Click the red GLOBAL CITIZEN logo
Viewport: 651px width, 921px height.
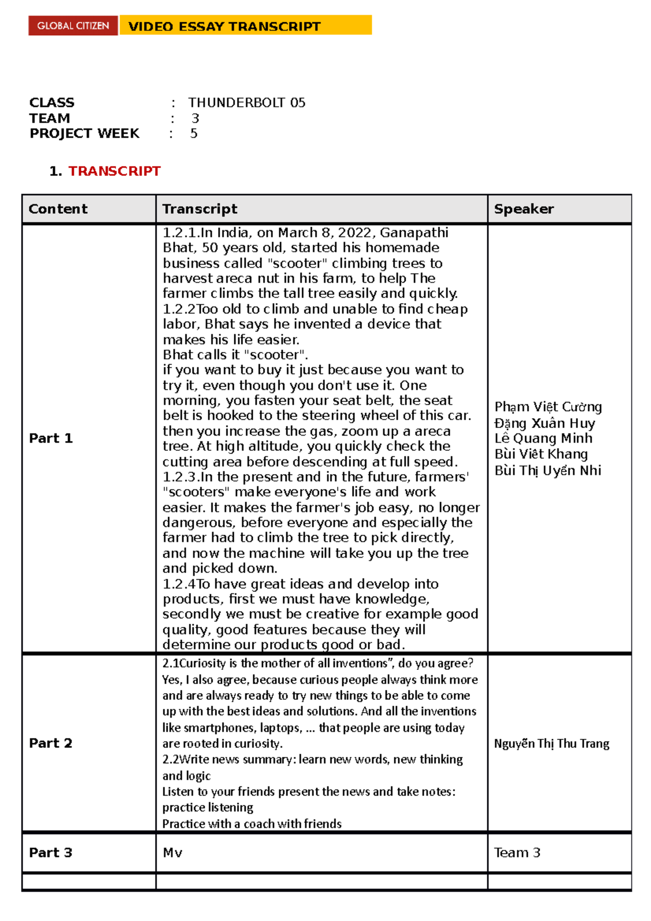click(x=73, y=25)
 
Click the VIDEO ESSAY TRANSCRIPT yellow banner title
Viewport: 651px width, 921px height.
click(x=224, y=27)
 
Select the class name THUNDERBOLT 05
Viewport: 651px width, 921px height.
click(x=246, y=103)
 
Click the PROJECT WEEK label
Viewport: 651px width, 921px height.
click(x=84, y=133)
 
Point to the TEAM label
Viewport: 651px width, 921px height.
click(x=49, y=118)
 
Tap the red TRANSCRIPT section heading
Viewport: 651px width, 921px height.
click(x=114, y=171)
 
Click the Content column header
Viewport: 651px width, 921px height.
click(x=58, y=209)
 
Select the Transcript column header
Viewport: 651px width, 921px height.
click(x=200, y=209)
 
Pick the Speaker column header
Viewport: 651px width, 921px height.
click(x=524, y=209)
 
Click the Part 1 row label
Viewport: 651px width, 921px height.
click(x=50, y=438)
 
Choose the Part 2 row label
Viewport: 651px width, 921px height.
click(x=50, y=743)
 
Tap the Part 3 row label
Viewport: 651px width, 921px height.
click(x=50, y=853)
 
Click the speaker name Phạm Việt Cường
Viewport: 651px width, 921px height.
click(x=548, y=407)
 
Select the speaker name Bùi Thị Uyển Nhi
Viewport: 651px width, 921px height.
click(x=547, y=470)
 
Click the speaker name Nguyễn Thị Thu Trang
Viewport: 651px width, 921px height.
click(x=551, y=744)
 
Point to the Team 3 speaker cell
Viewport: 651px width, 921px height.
click(x=517, y=853)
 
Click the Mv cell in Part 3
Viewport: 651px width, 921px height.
click(x=173, y=853)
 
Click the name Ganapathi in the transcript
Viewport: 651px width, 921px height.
click(x=414, y=233)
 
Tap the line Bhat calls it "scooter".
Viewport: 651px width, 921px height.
click(x=235, y=355)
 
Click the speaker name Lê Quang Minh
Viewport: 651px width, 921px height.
click(x=543, y=438)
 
